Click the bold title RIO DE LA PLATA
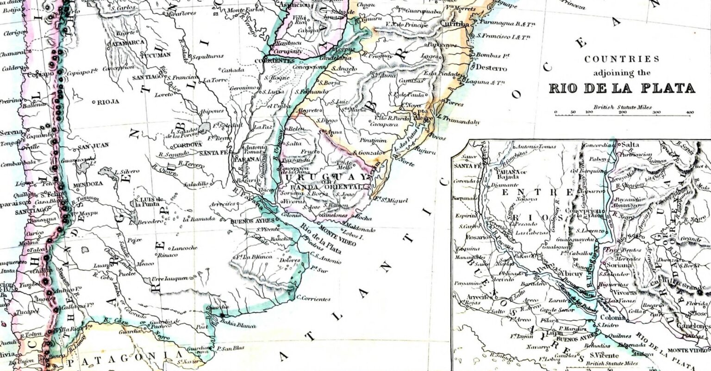622,88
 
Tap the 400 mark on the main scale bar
690,112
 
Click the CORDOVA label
187,145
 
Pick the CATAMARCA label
126,43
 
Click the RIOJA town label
108,102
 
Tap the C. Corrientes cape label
313,299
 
